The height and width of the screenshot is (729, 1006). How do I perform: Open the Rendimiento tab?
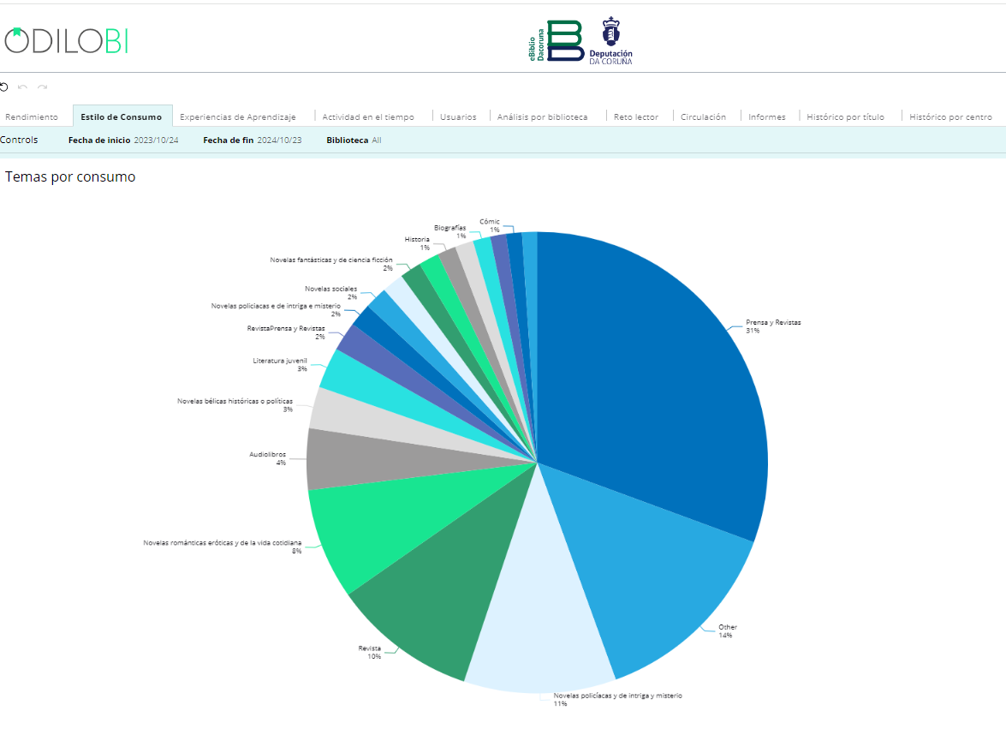click(x=32, y=117)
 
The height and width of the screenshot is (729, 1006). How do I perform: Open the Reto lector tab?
click(x=636, y=117)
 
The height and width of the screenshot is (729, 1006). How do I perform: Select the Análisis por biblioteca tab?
click(x=542, y=117)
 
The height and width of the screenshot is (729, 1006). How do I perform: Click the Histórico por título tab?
click(x=845, y=117)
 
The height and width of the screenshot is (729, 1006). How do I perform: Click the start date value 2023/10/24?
click(x=156, y=140)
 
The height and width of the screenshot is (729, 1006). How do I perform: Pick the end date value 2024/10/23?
click(x=279, y=140)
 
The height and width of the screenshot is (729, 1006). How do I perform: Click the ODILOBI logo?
click(x=66, y=40)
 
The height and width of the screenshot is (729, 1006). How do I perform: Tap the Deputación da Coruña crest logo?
click(x=610, y=40)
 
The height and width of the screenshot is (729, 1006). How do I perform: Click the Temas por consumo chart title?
click(x=70, y=177)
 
